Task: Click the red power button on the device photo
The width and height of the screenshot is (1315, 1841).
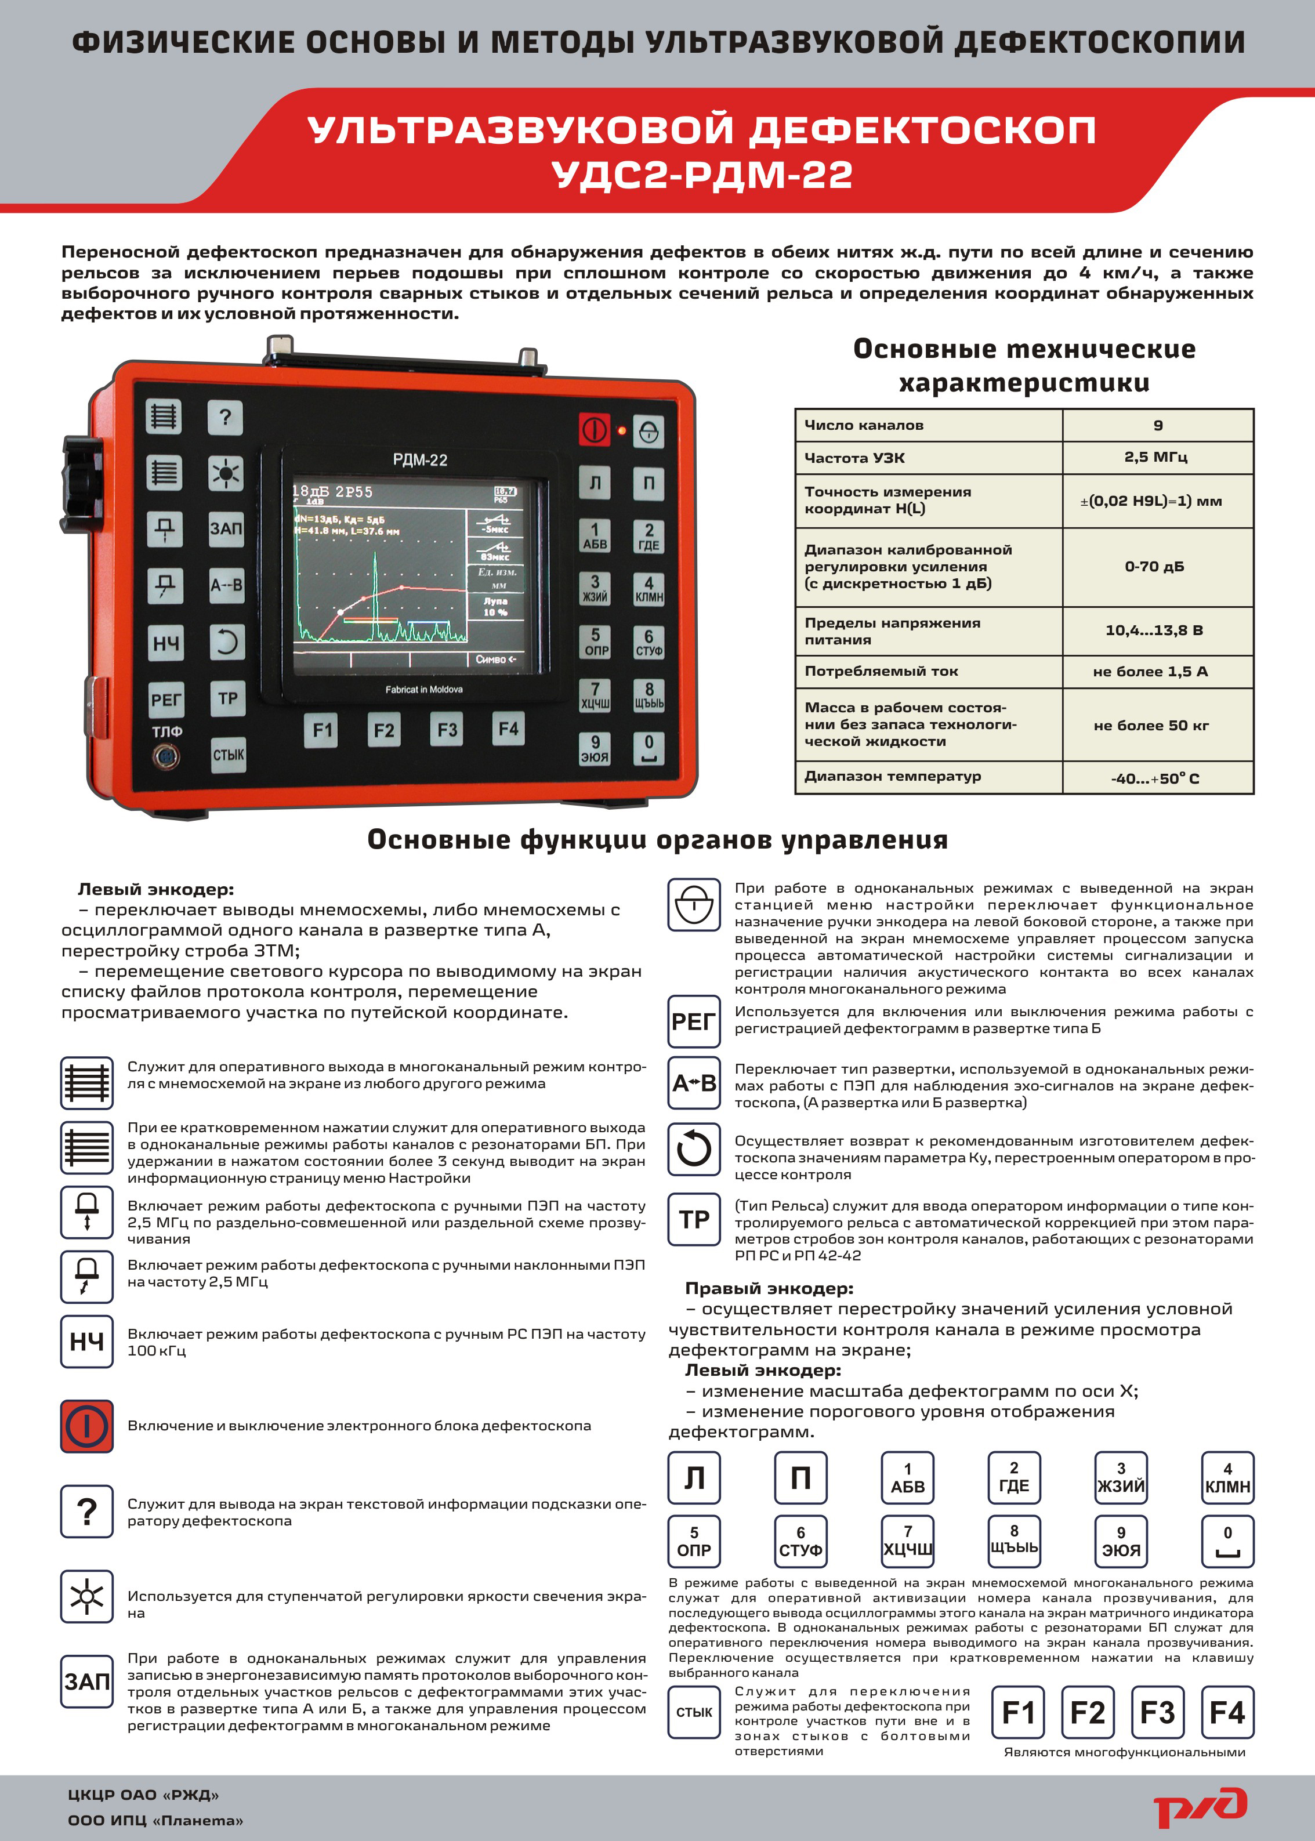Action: coord(595,429)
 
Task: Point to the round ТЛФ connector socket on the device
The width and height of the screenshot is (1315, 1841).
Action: coord(166,757)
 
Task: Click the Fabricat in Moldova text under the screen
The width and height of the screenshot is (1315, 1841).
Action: coord(423,689)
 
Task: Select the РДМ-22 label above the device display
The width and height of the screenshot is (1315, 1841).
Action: coord(419,460)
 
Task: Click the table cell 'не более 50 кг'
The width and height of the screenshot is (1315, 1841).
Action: coord(1151,726)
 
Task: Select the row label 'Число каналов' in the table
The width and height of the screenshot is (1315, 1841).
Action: coord(863,425)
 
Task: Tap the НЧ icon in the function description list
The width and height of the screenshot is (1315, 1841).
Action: coord(86,1342)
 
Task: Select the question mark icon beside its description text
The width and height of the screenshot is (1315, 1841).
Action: coord(86,1511)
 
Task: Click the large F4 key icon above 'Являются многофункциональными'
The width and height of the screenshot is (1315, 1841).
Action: coord(1227,1712)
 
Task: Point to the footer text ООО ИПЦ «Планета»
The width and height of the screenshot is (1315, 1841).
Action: coord(155,1821)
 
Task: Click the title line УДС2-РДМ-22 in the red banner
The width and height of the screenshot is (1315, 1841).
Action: coord(701,174)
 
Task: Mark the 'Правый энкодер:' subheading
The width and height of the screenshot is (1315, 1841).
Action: coord(769,1288)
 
